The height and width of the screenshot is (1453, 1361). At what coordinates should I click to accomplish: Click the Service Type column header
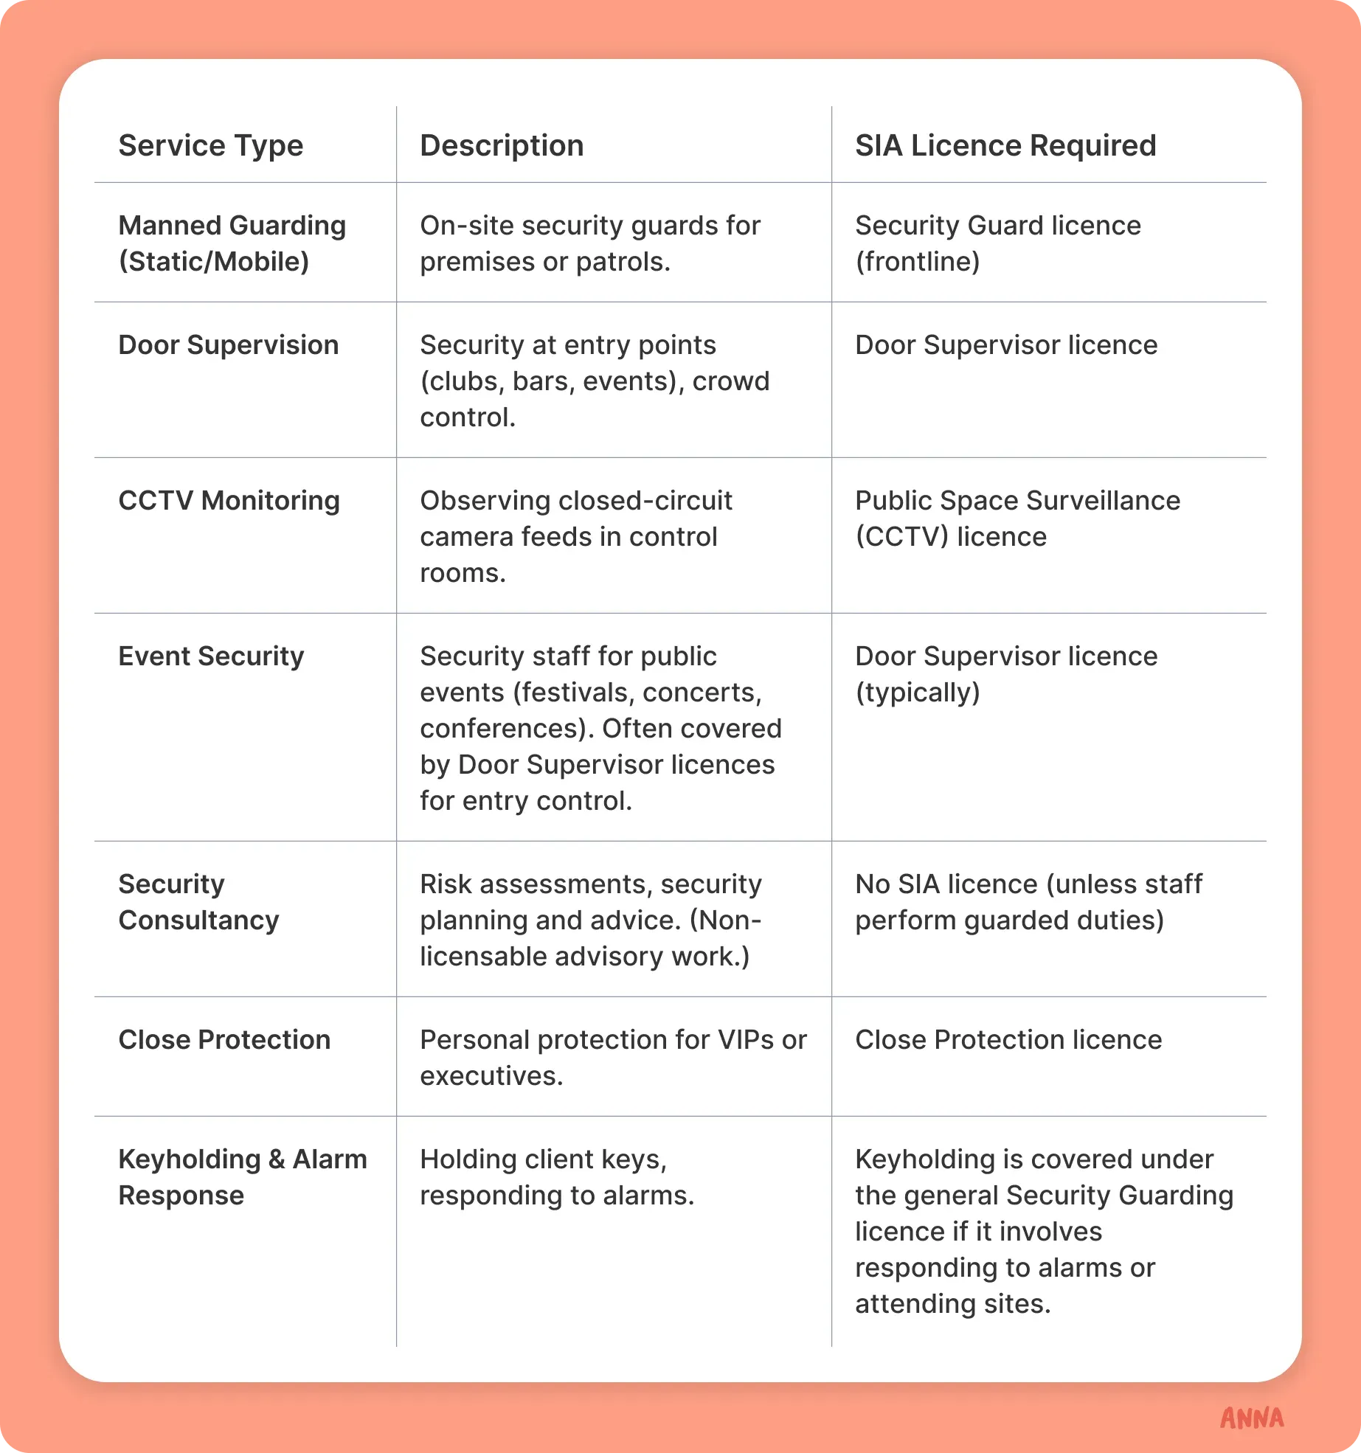click(x=210, y=146)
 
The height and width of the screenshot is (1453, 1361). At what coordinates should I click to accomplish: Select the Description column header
click(x=502, y=146)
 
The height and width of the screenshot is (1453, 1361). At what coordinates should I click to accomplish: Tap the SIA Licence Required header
click(x=1005, y=146)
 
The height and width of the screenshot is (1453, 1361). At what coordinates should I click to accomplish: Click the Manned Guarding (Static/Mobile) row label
click(x=232, y=243)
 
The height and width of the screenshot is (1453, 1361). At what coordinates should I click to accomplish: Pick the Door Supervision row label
click(x=228, y=345)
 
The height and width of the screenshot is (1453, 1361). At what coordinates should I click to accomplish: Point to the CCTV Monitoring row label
click(x=229, y=501)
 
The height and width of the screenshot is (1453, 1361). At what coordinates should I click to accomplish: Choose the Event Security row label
click(x=211, y=656)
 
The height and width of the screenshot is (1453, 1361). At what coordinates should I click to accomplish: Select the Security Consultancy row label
click(x=198, y=902)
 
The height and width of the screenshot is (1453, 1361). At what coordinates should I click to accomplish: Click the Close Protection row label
click(x=224, y=1040)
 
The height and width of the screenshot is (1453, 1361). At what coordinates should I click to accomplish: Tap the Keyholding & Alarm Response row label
click(x=242, y=1177)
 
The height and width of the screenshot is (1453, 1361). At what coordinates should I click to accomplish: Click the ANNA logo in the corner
click(x=1252, y=1418)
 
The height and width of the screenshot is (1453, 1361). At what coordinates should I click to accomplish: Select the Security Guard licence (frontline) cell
click(x=997, y=243)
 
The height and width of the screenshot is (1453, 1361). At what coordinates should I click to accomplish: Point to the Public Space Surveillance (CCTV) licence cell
click(x=1017, y=519)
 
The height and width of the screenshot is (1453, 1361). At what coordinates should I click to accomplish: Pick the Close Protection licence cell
click(x=1008, y=1040)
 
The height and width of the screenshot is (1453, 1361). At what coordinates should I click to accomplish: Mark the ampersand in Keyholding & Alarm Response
click(x=277, y=1159)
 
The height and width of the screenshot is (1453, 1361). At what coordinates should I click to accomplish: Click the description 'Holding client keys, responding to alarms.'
click(x=557, y=1177)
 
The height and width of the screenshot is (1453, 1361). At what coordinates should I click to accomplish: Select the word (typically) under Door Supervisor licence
click(x=917, y=693)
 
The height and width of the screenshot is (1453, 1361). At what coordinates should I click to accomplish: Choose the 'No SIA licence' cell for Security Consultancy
click(x=1028, y=902)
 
